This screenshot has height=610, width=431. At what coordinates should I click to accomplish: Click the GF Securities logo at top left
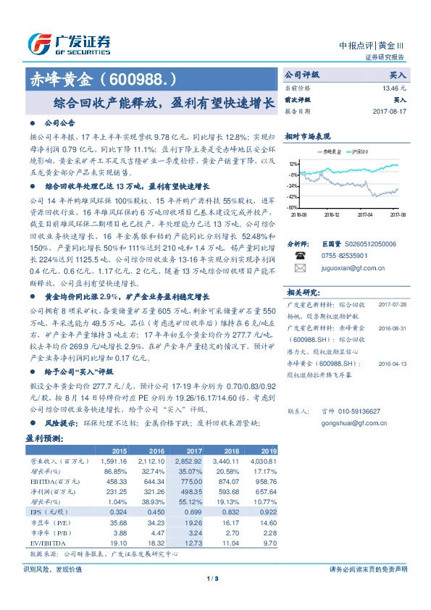click(x=70, y=43)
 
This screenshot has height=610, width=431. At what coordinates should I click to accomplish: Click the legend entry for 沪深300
click(x=360, y=151)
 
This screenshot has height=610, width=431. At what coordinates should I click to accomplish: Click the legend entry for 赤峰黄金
click(x=331, y=151)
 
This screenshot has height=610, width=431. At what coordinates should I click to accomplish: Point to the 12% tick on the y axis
click(x=293, y=164)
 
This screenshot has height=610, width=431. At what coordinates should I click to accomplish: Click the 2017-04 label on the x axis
click(x=367, y=213)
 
